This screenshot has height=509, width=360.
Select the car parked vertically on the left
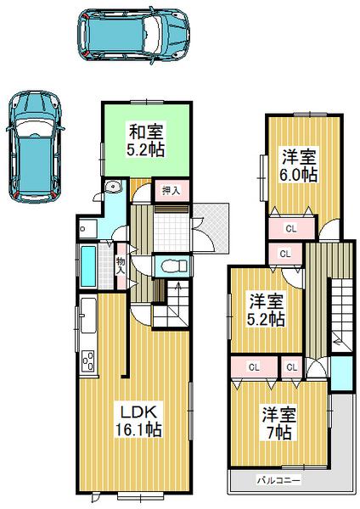(33, 145)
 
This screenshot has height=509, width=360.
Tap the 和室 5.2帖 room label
(146, 140)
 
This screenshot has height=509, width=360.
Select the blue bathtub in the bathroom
(87, 265)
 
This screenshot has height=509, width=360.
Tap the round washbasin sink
(111, 188)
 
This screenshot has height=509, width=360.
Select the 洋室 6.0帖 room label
(301, 165)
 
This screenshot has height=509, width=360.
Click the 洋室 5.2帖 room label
(266, 310)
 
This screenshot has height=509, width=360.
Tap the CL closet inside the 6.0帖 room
(290, 227)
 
